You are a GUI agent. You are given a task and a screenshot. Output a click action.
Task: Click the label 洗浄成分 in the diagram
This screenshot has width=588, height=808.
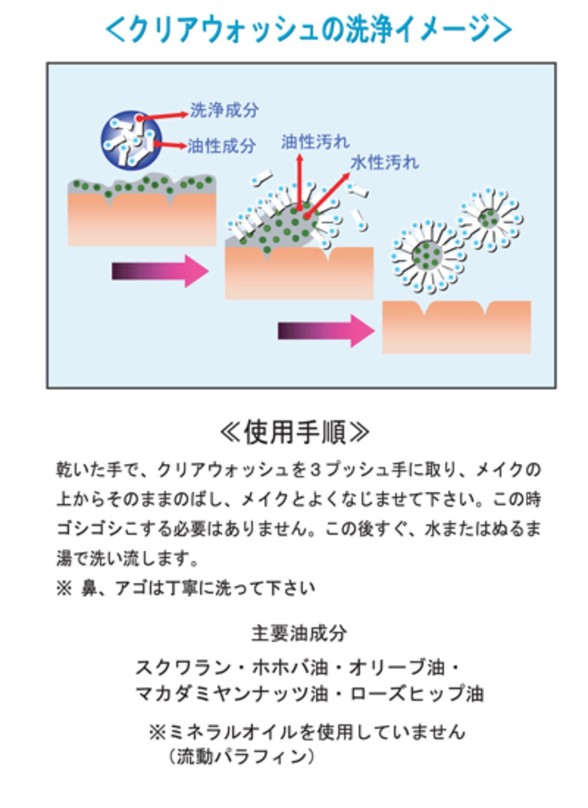tap(224, 110)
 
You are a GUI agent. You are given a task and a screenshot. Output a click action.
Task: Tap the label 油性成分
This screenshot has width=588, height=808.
tap(221, 146)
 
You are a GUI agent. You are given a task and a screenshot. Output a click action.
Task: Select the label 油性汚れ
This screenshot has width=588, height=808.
tap(316, 142)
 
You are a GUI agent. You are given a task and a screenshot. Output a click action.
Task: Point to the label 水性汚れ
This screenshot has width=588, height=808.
tap(385, 163)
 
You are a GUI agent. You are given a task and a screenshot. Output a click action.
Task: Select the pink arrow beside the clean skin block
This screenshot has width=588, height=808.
tap(326, 331)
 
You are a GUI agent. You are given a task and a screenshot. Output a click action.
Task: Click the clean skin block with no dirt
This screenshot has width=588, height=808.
tap(457, 327)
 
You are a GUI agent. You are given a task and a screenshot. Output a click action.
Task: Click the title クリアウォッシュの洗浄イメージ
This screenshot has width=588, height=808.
tap(308, 29)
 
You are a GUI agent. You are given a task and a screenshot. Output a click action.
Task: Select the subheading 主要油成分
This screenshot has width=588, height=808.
tap(299, 634)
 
